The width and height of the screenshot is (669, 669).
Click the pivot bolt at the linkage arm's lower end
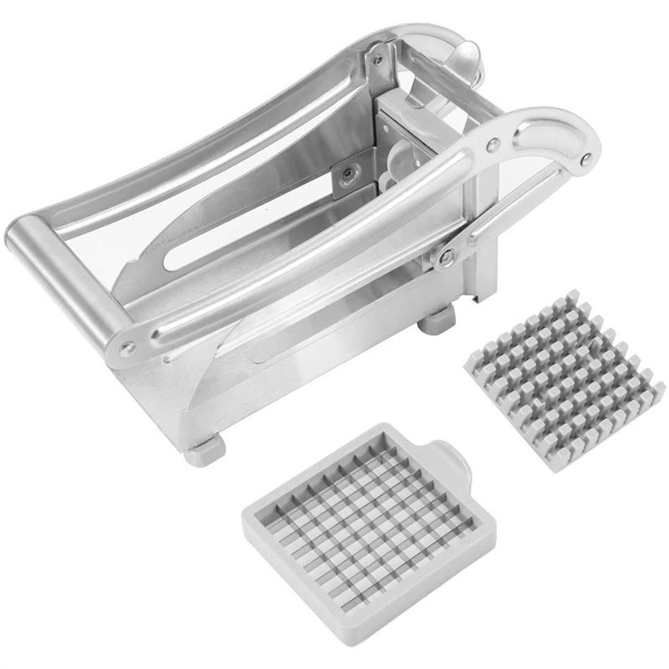447,256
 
